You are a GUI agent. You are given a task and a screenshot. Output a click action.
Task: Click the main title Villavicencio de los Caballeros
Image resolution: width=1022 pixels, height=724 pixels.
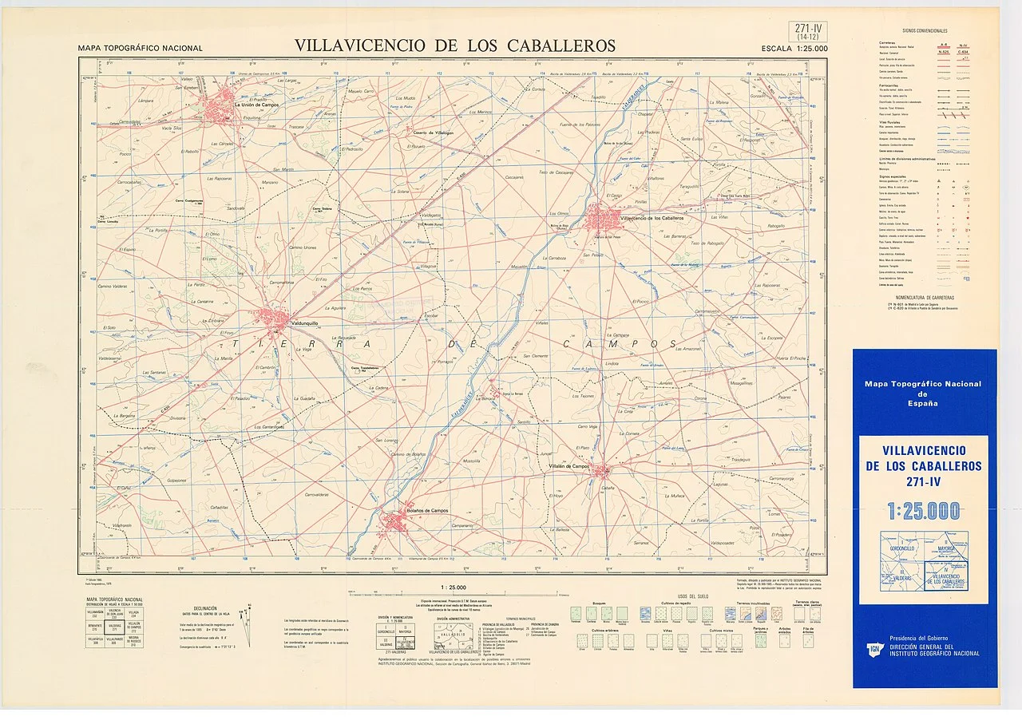pos(455,45)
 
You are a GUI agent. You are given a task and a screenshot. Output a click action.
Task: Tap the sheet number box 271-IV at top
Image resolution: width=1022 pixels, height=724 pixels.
pos(808,30)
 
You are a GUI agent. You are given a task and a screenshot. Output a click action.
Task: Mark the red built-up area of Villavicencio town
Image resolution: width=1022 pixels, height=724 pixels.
pos(601,217)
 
